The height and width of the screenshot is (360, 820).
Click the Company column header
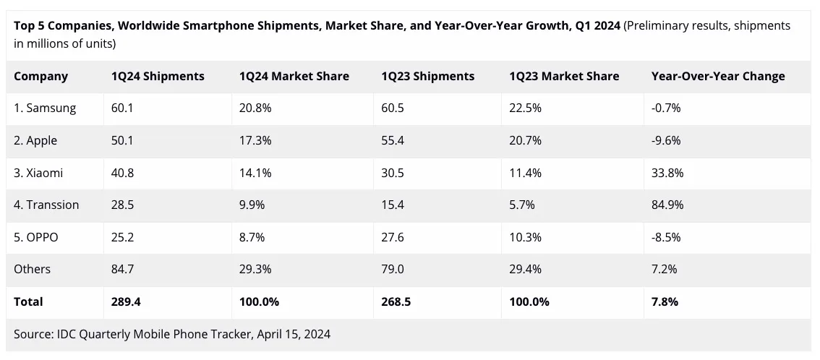point(40,76)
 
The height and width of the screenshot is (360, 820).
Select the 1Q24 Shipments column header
point(158,76)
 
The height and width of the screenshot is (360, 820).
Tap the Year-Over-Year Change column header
point(718,76)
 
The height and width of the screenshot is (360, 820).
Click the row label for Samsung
point(45,108)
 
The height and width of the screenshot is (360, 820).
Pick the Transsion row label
point(46,205)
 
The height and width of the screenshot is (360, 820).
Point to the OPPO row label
point(37,237)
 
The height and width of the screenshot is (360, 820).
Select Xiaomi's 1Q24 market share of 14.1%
point(255,173)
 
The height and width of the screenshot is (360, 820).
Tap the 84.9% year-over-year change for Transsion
point(667,205)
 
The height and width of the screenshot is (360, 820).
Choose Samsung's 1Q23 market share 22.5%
point(526,108)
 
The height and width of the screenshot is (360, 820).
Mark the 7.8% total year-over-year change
point(665,301)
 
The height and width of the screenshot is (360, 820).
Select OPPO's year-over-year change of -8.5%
point(666,237)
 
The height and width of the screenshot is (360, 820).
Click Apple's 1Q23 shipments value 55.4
point(393,140)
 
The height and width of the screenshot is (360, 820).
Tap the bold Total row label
point(28,301)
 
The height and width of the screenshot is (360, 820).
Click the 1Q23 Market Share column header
point(564,76)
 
